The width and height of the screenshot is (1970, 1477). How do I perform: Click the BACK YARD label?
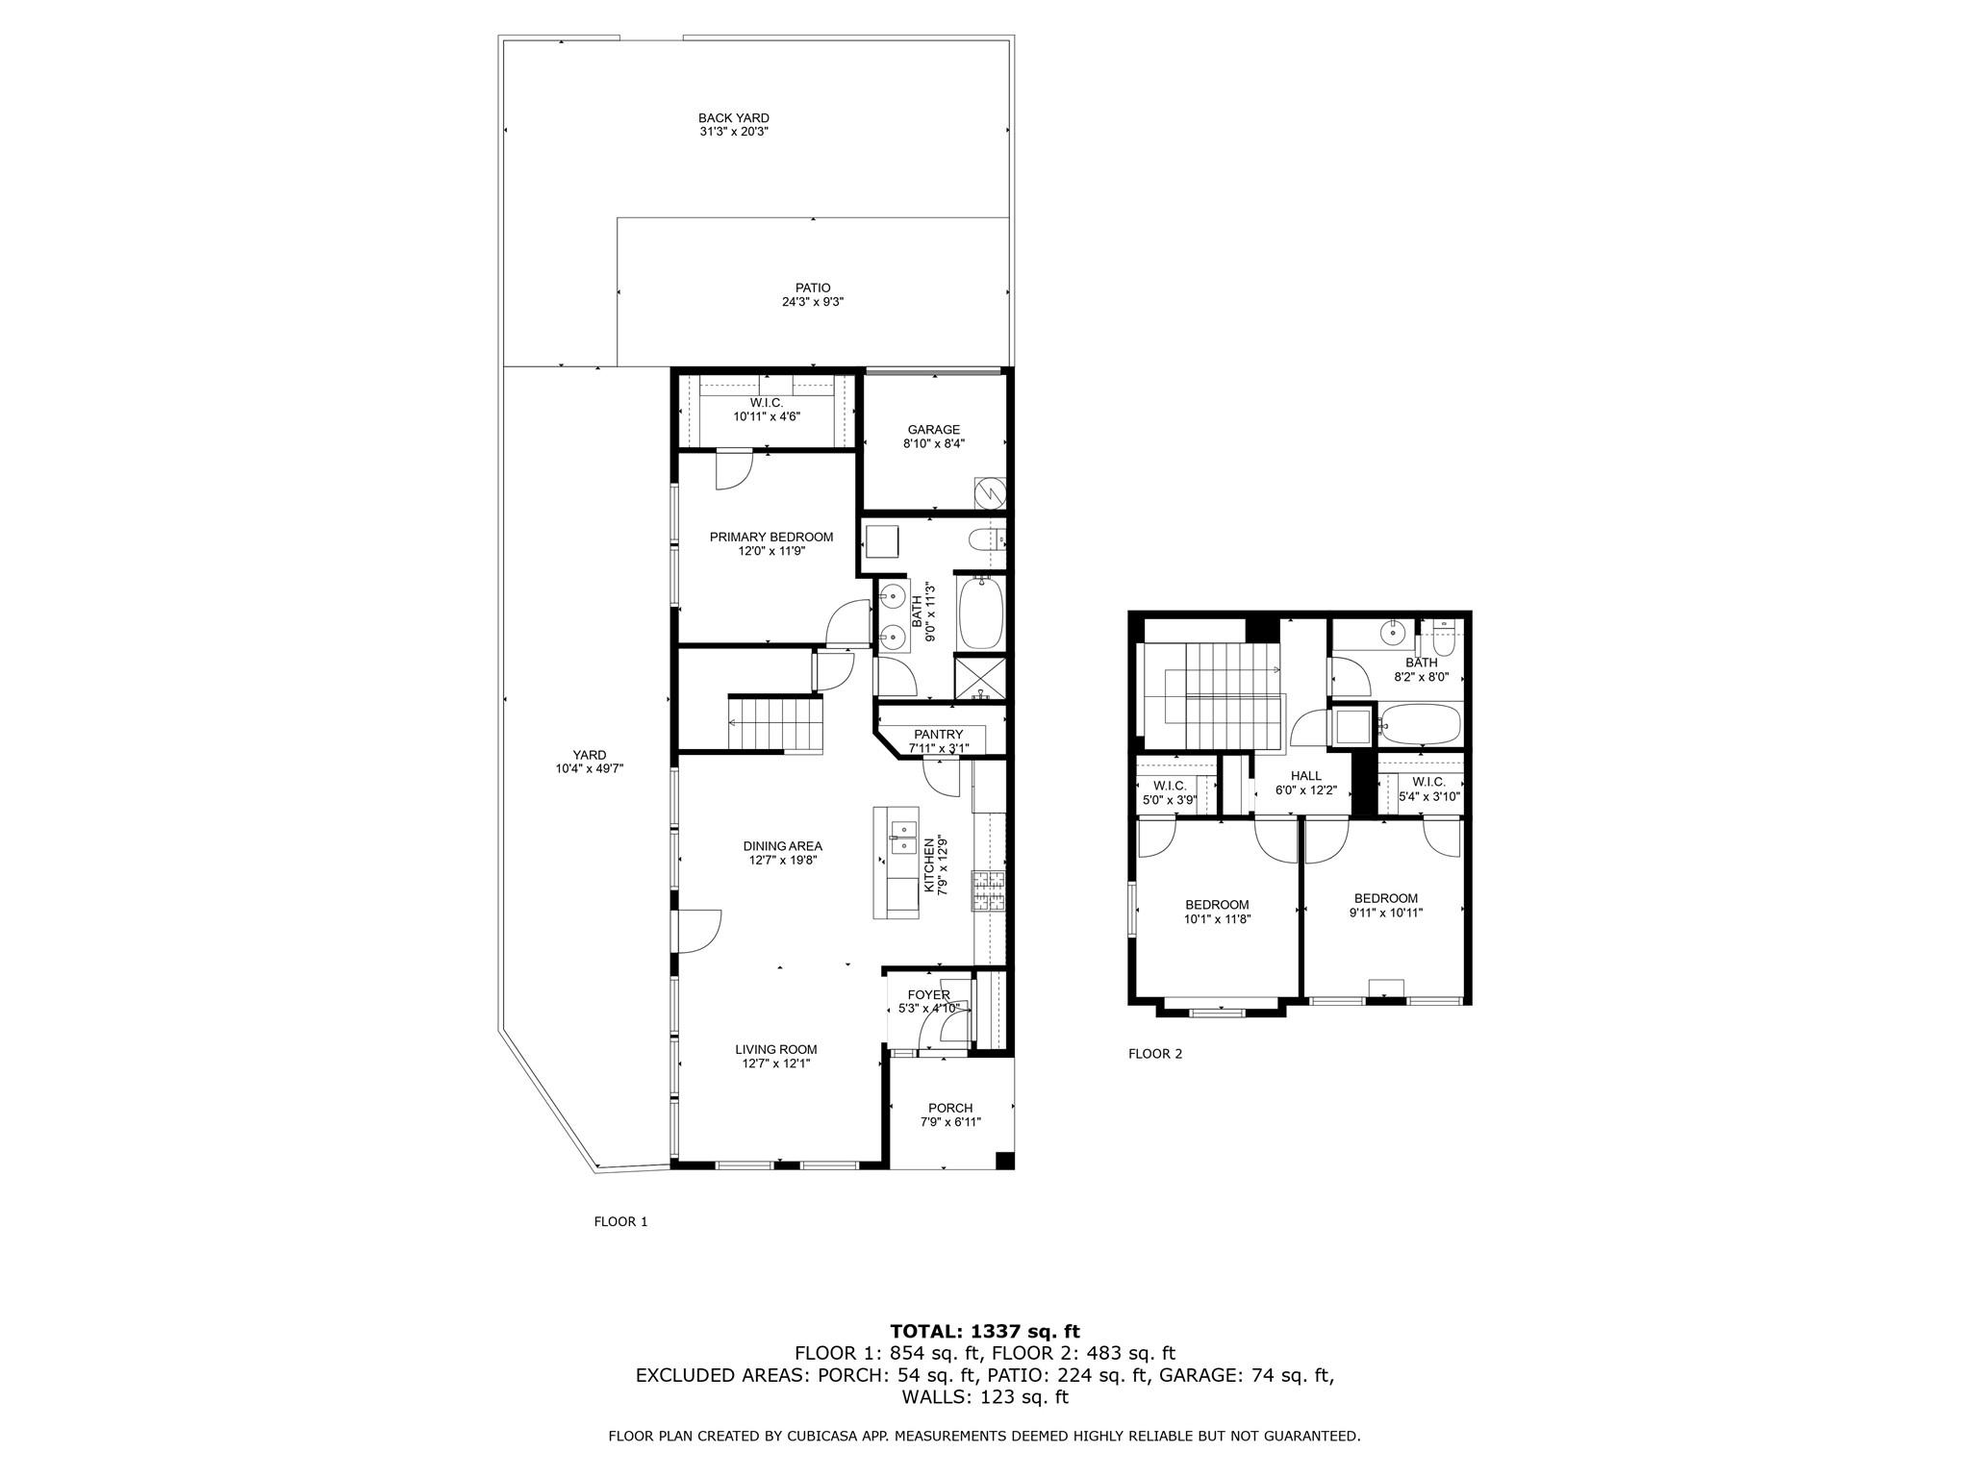click(x=733, y=118)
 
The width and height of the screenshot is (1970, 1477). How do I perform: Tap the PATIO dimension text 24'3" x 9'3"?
click(x=813, y=302)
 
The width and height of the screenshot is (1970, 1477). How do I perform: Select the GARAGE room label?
click(x=933, y=430)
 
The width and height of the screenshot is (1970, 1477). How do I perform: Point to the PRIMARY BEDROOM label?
click(x=771, y=537)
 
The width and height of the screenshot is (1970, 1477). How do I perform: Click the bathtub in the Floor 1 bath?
click(x=980, y=612)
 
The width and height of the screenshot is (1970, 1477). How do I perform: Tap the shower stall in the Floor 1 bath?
click(x=978, y=677)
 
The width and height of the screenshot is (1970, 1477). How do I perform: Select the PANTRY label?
click(x=938, y=735)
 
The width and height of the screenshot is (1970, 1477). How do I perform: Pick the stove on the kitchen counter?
click(x=988, y=891)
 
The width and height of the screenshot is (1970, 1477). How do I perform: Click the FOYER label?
click(x=928, y=994)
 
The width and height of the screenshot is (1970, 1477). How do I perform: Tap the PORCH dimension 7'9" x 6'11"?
click(x=950, y=1122)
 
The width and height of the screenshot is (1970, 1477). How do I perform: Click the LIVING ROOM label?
click(x=775, y=1049)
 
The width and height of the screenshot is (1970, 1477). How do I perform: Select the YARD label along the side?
click(x=590, y=755)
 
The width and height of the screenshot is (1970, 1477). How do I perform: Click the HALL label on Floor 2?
click(x=1305, y=776)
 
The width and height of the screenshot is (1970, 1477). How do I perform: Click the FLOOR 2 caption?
click(x=1154, y=1054)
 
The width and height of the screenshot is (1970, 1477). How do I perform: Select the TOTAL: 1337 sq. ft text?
click(x=984, y=1332)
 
